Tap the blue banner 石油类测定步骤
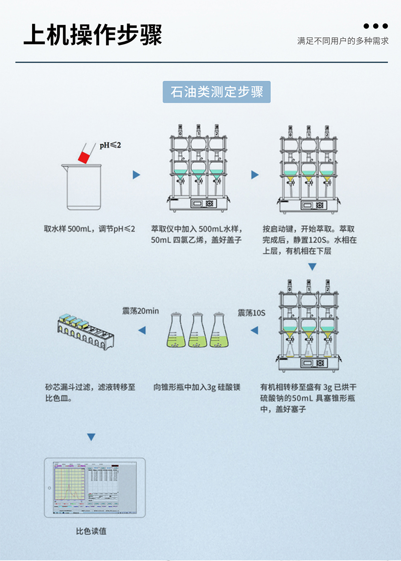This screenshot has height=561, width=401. [x=217, y=92]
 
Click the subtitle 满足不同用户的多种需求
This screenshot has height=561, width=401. [x=343, y=41]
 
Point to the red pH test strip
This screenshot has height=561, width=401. [x=84, y=156]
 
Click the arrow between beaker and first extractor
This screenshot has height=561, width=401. [x=136, y=175]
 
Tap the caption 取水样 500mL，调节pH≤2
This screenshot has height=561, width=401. [x=90, y=229]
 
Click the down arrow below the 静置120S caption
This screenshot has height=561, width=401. [x=312, y=267]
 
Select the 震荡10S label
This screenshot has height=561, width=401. [x=251, y=313]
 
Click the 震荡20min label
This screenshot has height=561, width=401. [x=141, y=311]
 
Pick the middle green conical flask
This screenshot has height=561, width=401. [x=198, y=330]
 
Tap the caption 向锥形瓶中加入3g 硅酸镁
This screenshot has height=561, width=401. [x=197, y=387]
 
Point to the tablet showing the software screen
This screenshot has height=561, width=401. [x=94, y=487]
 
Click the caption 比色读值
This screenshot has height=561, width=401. [x=91, y=531]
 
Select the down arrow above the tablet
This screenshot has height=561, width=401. [x=91, y=437]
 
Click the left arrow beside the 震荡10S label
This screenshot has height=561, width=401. [x=254, y=331]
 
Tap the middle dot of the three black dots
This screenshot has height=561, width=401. [x=376, y=26]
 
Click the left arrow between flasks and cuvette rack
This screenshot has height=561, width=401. [x=142, y=331]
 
